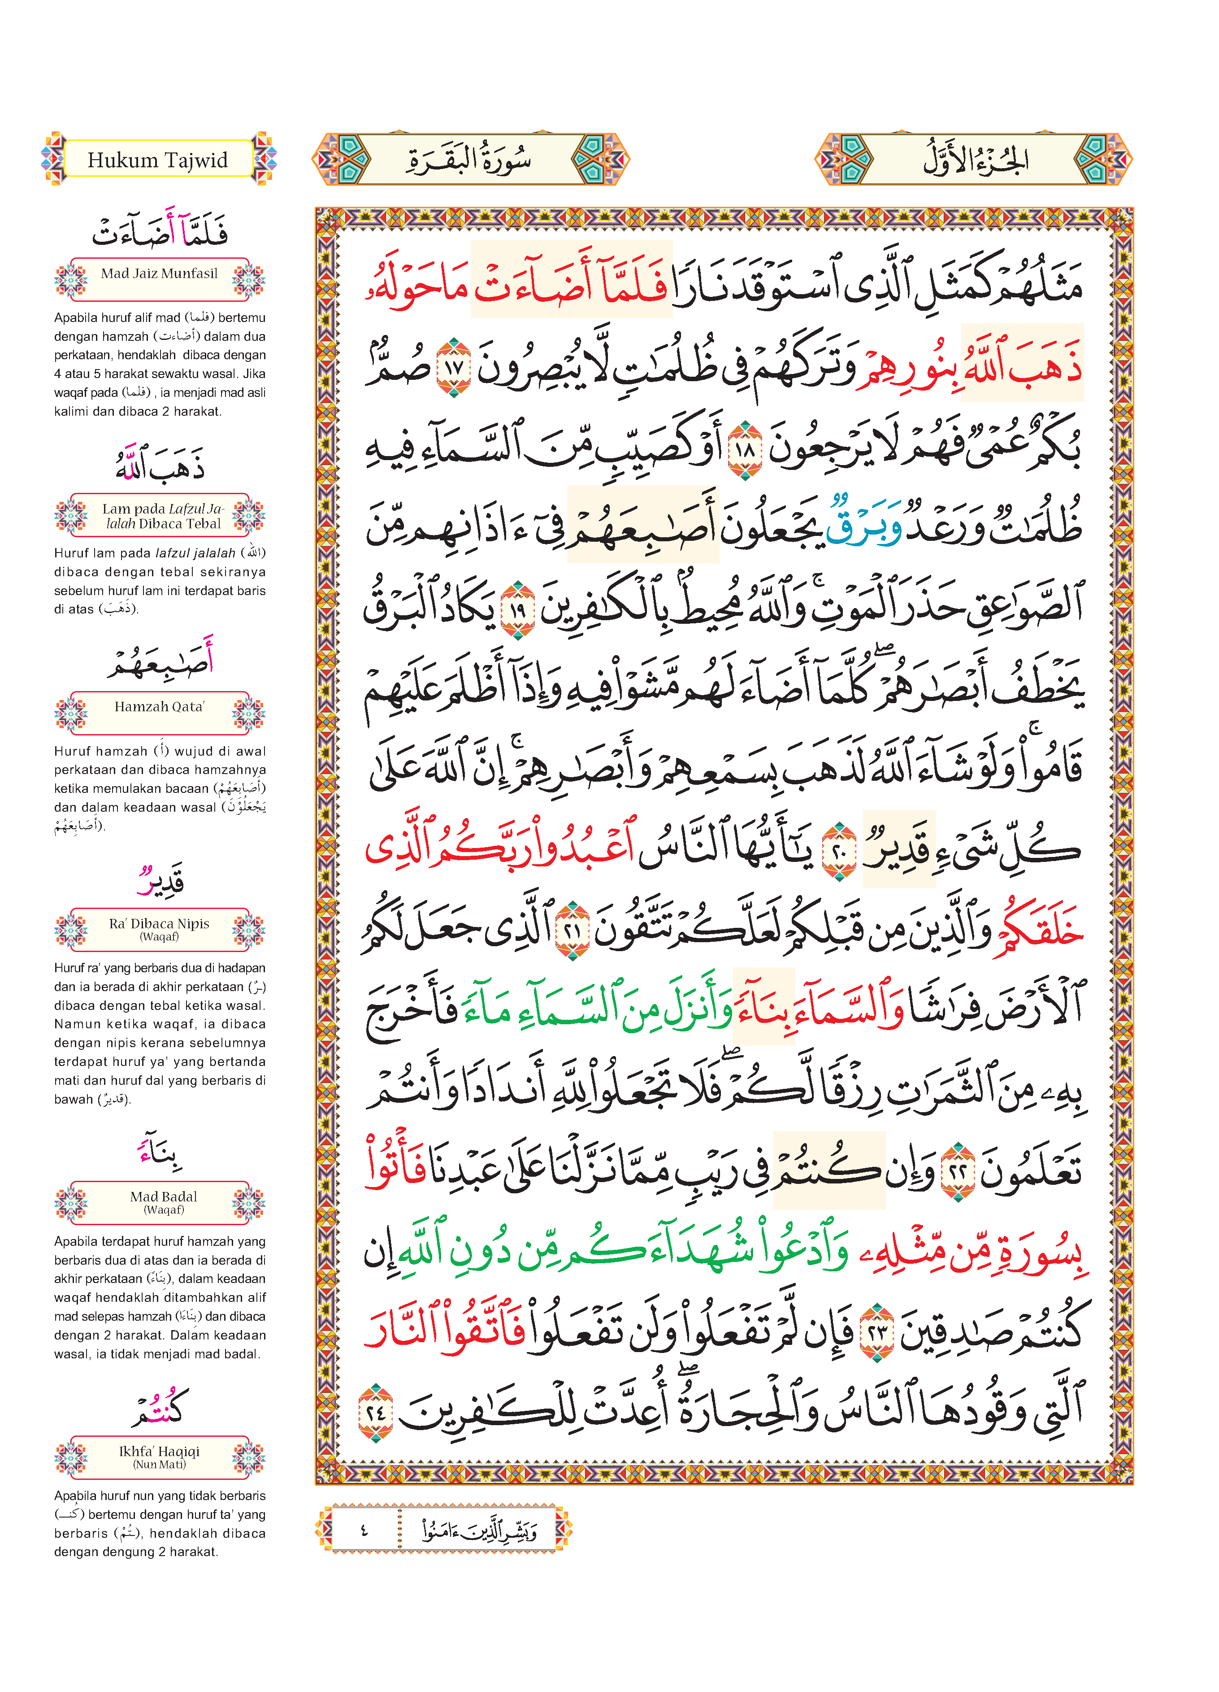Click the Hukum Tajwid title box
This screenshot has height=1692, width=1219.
point(158,159)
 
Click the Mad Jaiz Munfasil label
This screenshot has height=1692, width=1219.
point(159,274)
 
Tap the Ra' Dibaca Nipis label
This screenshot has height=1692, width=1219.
point(159,928)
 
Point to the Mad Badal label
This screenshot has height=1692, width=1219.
point(163,1200)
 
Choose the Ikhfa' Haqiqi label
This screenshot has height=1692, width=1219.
point(159,1455)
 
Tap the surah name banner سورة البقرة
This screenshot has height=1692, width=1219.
point(470,159)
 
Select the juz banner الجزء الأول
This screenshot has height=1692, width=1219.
point(974,159)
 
